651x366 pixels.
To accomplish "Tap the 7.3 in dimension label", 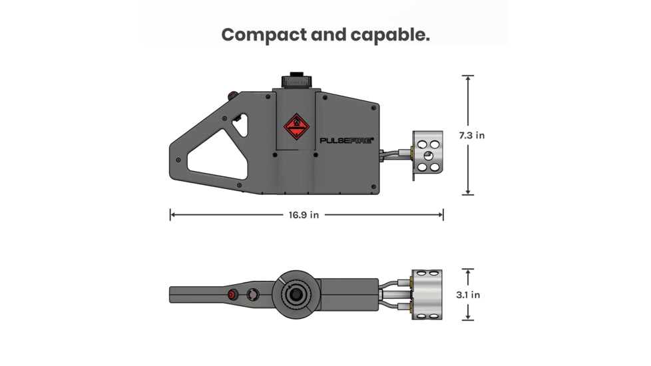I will click(471, 135).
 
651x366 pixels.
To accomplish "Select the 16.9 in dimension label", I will click(304, 215).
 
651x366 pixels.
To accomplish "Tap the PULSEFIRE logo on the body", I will click(347, 140).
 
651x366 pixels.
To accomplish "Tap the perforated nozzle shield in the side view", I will click(427, 154).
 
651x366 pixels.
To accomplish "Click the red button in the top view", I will click(232, 294).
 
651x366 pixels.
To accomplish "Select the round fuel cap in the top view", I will click(296, 294).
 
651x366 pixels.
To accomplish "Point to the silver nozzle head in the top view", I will click(427, 294).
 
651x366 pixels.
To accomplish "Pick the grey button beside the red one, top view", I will click(253, 294).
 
